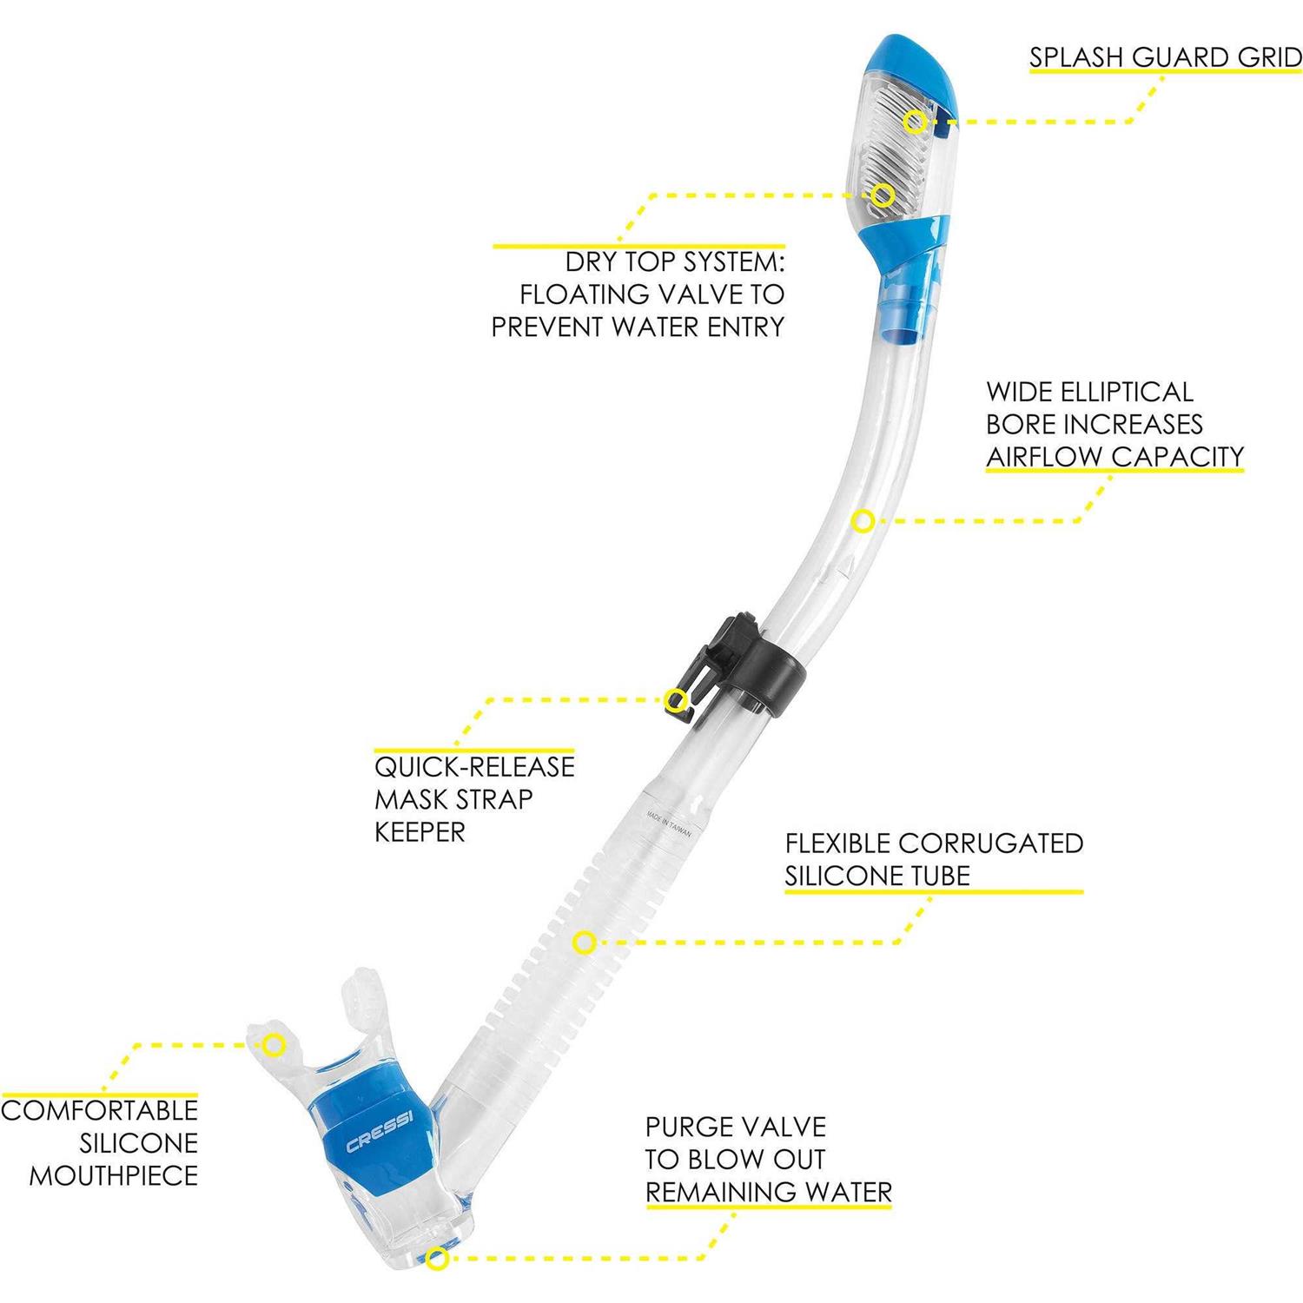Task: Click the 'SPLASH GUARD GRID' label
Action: (x=1166, y=57)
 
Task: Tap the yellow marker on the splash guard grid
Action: (x=913, y=122)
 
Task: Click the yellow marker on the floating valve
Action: (x=883, y=195)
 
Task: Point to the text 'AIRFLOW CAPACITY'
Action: (x=1115, y=456)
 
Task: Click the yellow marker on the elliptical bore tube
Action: (x=862, y=521)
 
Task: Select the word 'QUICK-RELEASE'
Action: (x=474, y=767)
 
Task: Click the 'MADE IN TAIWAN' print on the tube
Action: (x=668, y=822)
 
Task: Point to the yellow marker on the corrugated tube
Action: (x=585, y=942)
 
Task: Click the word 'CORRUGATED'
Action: (x=990, y=843)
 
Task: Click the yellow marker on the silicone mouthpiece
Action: (x=274, y=1044)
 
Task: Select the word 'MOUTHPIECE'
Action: (x=114, y=1176)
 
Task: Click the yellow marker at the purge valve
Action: (x=438, y=1258)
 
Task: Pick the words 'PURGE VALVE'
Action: (x=736, y=1127)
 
